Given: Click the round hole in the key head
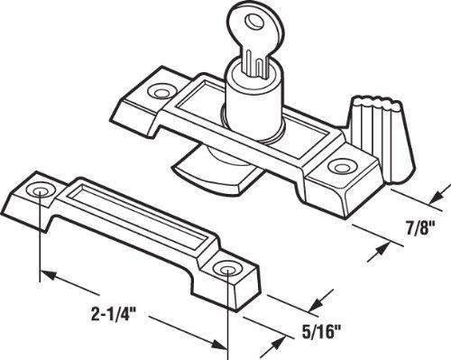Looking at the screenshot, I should click(231, 12).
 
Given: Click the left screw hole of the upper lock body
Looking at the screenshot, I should click(162, 91).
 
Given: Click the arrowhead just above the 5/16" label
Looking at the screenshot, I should click(315, 308).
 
